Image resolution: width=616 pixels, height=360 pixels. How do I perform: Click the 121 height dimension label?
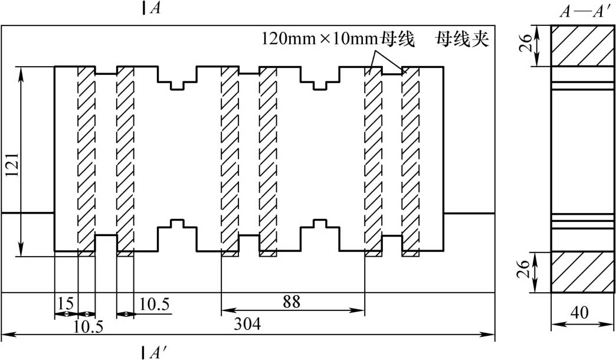12,165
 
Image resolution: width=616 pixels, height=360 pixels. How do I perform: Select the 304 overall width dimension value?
247,324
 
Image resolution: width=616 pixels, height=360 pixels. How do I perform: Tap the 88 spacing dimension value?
291,302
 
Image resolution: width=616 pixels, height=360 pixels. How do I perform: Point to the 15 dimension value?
66,303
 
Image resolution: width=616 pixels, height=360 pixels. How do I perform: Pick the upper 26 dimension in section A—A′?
525,43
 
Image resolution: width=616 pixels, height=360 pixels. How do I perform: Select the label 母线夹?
462,39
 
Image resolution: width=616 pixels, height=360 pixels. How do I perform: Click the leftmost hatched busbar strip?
86,161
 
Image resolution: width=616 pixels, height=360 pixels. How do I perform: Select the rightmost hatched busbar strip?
411,161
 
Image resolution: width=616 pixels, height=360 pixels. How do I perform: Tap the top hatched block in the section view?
582,45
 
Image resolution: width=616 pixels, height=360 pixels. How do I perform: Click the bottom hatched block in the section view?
582,272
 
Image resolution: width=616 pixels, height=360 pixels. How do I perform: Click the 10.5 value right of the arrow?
155,304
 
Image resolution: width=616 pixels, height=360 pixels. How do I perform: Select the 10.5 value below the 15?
88,326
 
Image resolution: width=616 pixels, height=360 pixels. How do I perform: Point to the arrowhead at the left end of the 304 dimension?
5,335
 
